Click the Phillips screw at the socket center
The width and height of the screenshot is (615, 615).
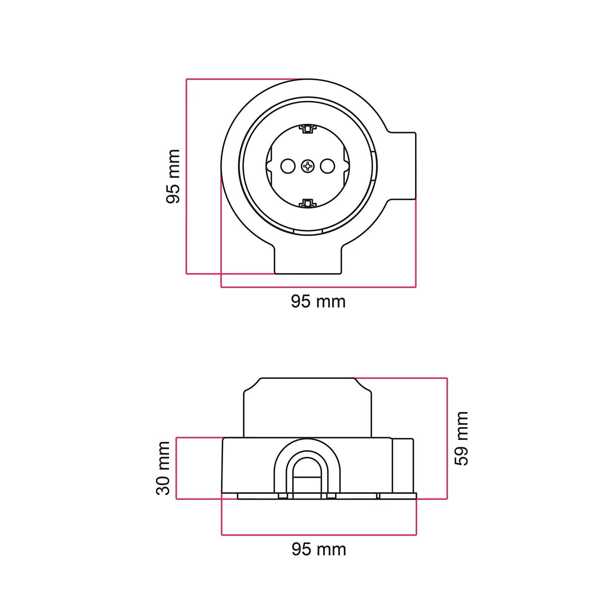(x=307, y=166)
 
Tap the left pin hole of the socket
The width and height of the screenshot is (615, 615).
(x=288, y=166)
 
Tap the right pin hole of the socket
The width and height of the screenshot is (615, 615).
(x=328, y=166)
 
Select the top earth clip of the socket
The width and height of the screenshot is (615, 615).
(x=307, y=129)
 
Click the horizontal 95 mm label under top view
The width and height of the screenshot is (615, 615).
(x=318, y=302)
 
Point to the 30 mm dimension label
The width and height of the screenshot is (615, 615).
(x=163, y=468)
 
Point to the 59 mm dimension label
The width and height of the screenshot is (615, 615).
(x=462, y=438)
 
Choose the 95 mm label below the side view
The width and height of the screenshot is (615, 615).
(x=319, y=549)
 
